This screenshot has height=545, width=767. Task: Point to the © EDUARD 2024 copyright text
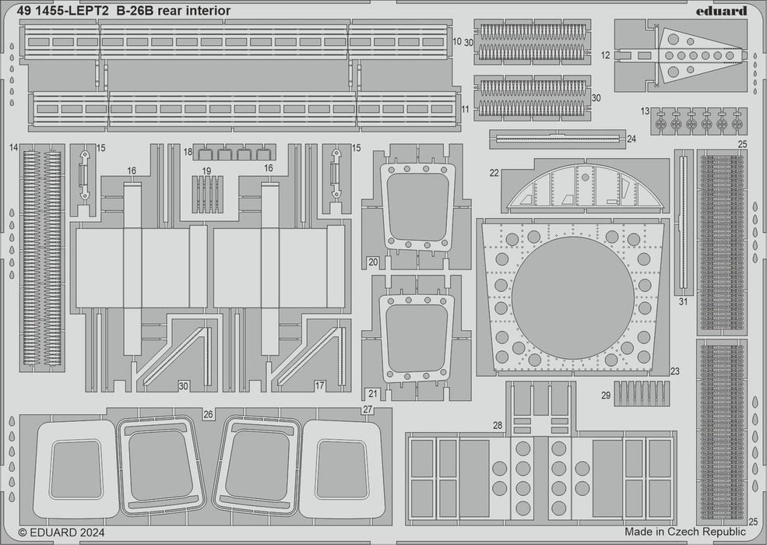[62, 533]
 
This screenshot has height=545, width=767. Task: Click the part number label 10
[457, 40]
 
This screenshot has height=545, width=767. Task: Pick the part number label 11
[465, 110]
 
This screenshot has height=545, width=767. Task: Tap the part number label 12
[606, 55]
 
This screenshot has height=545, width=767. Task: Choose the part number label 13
[645, 112]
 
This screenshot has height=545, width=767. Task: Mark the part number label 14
[14, 147]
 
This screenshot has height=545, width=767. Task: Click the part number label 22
[494, 173]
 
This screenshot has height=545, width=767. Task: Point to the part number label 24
[632, 139]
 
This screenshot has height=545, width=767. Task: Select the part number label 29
[606, 396]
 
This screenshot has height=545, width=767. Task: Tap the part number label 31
[683, 301]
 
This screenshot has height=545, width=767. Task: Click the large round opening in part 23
[572, 298]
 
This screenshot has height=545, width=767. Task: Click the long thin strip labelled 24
[558, 139]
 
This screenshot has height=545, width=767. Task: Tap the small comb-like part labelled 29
[642, 394]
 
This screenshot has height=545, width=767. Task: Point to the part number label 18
[188, 153]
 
